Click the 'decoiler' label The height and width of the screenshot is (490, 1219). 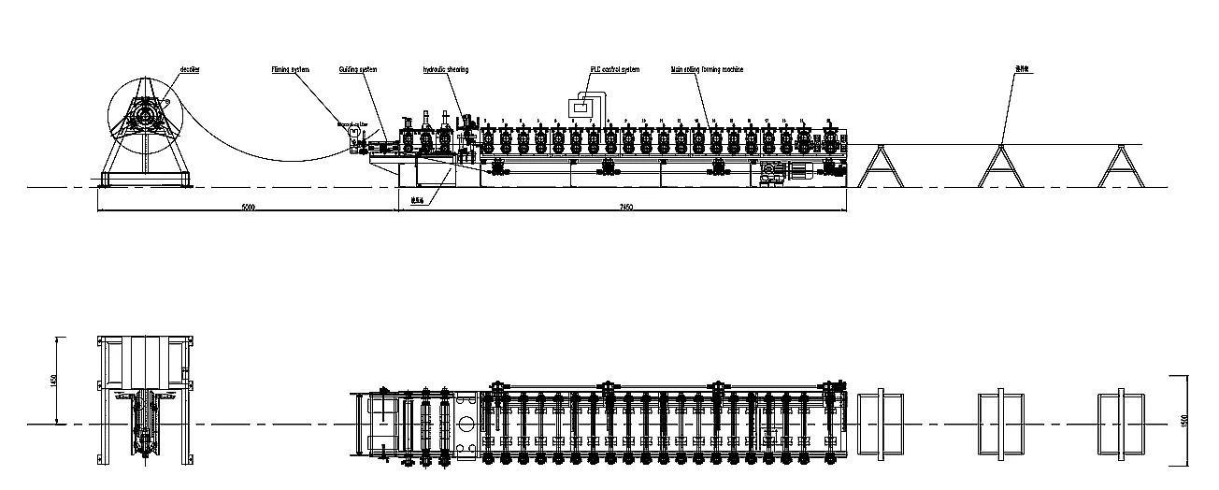(190, 69)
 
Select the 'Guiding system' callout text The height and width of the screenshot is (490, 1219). (358, 69)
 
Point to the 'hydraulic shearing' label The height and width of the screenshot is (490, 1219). (446, 69)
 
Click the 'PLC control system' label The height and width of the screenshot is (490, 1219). (614, 69)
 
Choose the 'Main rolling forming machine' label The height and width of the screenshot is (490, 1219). (707, 69)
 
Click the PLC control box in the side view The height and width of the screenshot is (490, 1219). (581, 108)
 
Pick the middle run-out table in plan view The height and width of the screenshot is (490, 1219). (1001, 424)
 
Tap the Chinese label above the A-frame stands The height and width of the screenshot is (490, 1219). (1024, 69)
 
